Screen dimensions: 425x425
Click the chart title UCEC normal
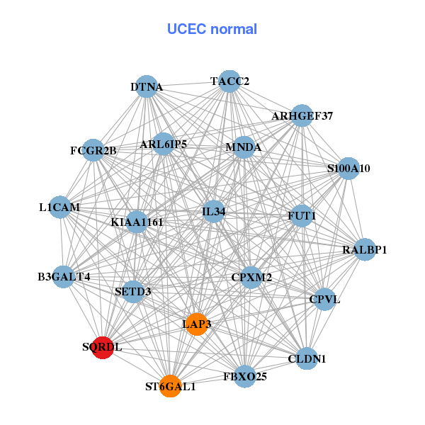tap(212, 29)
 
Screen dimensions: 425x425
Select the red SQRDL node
tap(103, 348)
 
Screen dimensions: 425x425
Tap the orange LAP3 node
tap(196, 324)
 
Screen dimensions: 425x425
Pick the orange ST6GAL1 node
tap(170, 386)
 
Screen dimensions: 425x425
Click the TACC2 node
tap(228, 81)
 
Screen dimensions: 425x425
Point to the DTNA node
tap(146, 87)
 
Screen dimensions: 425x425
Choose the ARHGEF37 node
tap(302, 115)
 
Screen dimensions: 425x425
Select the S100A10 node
tap(348, 169)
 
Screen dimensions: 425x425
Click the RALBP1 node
tap(364, 249)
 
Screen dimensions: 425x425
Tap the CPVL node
tap(324, 299)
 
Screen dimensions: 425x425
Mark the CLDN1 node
tap(307, 358)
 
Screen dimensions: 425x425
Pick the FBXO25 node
tap(245, 375)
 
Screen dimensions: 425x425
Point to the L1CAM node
tap(60, 208)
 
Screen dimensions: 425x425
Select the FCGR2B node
tap(93, 150)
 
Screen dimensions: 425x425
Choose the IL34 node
tap(213, 211)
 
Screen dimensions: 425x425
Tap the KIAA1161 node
tap(137, 222)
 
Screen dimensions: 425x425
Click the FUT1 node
tap(302, 215)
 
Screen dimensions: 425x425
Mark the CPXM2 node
tap(251, 277)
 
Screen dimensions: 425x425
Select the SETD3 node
tap(133, 290)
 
